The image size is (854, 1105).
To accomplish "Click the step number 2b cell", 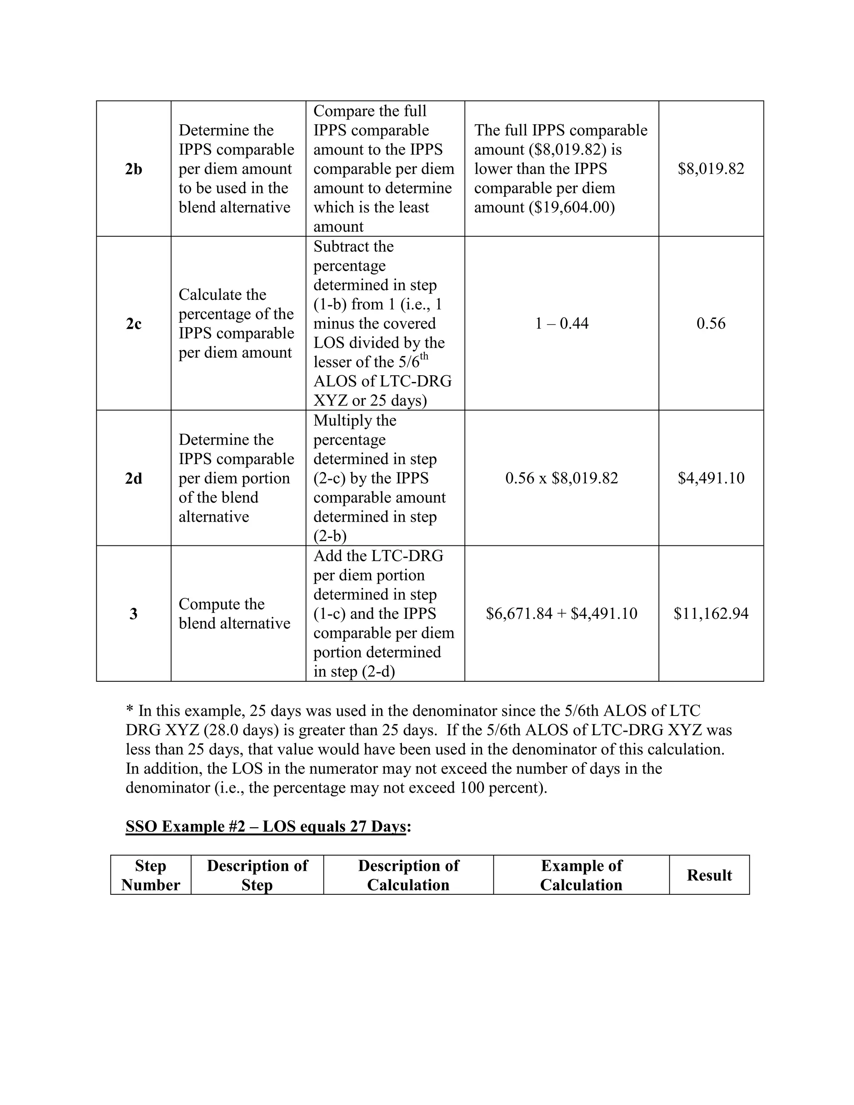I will (133, 169).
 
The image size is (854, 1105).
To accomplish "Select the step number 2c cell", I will (133, 324).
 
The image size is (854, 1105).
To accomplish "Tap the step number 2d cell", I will (133, 478).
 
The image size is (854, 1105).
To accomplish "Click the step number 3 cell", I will (133, 614).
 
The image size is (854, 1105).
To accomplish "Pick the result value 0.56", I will (711, 324).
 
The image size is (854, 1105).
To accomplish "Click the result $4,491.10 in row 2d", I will (711, 478).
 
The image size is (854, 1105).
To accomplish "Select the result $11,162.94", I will (711, 614).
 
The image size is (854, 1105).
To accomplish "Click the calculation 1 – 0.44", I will (562, 324).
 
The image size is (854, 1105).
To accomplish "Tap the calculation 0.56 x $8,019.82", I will (562, 478).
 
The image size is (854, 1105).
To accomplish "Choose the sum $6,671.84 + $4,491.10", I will (562, 614).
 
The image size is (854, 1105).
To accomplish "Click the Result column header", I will (709, 875).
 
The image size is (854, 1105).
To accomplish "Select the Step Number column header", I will (151, 875).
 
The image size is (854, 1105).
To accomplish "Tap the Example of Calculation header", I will (581, 875).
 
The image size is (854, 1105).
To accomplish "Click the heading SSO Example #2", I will (265, 827).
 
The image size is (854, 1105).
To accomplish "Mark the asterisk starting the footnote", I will (130, 711).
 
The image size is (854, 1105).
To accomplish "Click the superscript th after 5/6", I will (424, 357).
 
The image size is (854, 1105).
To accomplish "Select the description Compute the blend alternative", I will (234, 614).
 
